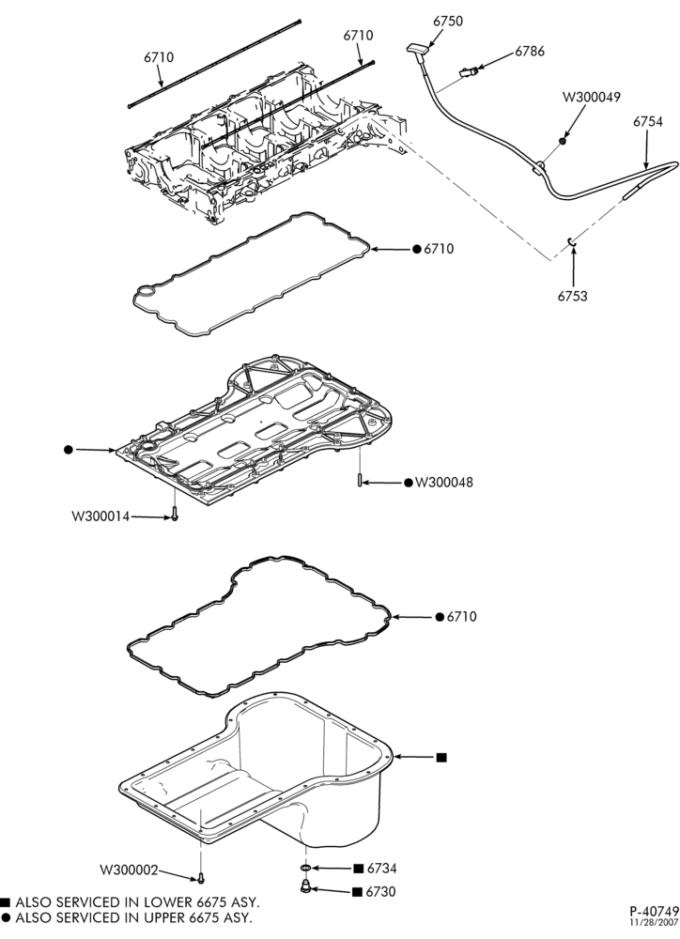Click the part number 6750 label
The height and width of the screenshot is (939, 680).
coord(448,21)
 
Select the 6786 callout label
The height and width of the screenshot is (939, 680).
coord(530,52)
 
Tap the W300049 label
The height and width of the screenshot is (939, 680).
coord(592,97)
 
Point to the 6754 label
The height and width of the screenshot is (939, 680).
coord(648,121)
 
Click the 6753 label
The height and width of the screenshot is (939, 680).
coord(573,296)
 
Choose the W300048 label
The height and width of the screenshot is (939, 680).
coord(444,482)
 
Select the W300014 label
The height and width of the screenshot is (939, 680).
coord(100,516)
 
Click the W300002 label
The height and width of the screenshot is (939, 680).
coord(129,870)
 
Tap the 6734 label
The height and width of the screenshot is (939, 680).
coord(381,869)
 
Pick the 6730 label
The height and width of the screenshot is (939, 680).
coord(381,892)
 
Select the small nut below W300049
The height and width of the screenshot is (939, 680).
coord(564,142)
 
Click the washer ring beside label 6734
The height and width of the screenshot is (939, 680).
coord(305,867)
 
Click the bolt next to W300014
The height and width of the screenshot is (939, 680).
coord(175,514)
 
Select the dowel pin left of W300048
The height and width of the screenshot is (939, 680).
coord(359,480)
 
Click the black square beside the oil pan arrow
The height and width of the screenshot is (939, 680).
coord(441,758)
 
